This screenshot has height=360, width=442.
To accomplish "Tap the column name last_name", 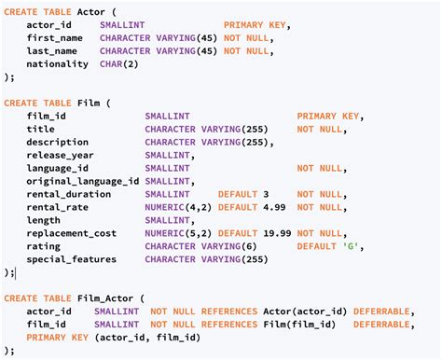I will [x=51, y=50].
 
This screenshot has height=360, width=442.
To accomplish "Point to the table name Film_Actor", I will [x=105, y=298].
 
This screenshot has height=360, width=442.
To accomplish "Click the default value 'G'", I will [x=349, y=246].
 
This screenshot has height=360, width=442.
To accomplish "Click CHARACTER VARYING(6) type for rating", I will [x=200, y=246].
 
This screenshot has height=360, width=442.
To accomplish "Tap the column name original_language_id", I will [x=83, y=181].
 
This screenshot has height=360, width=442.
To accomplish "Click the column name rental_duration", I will [x=67, y=194].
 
